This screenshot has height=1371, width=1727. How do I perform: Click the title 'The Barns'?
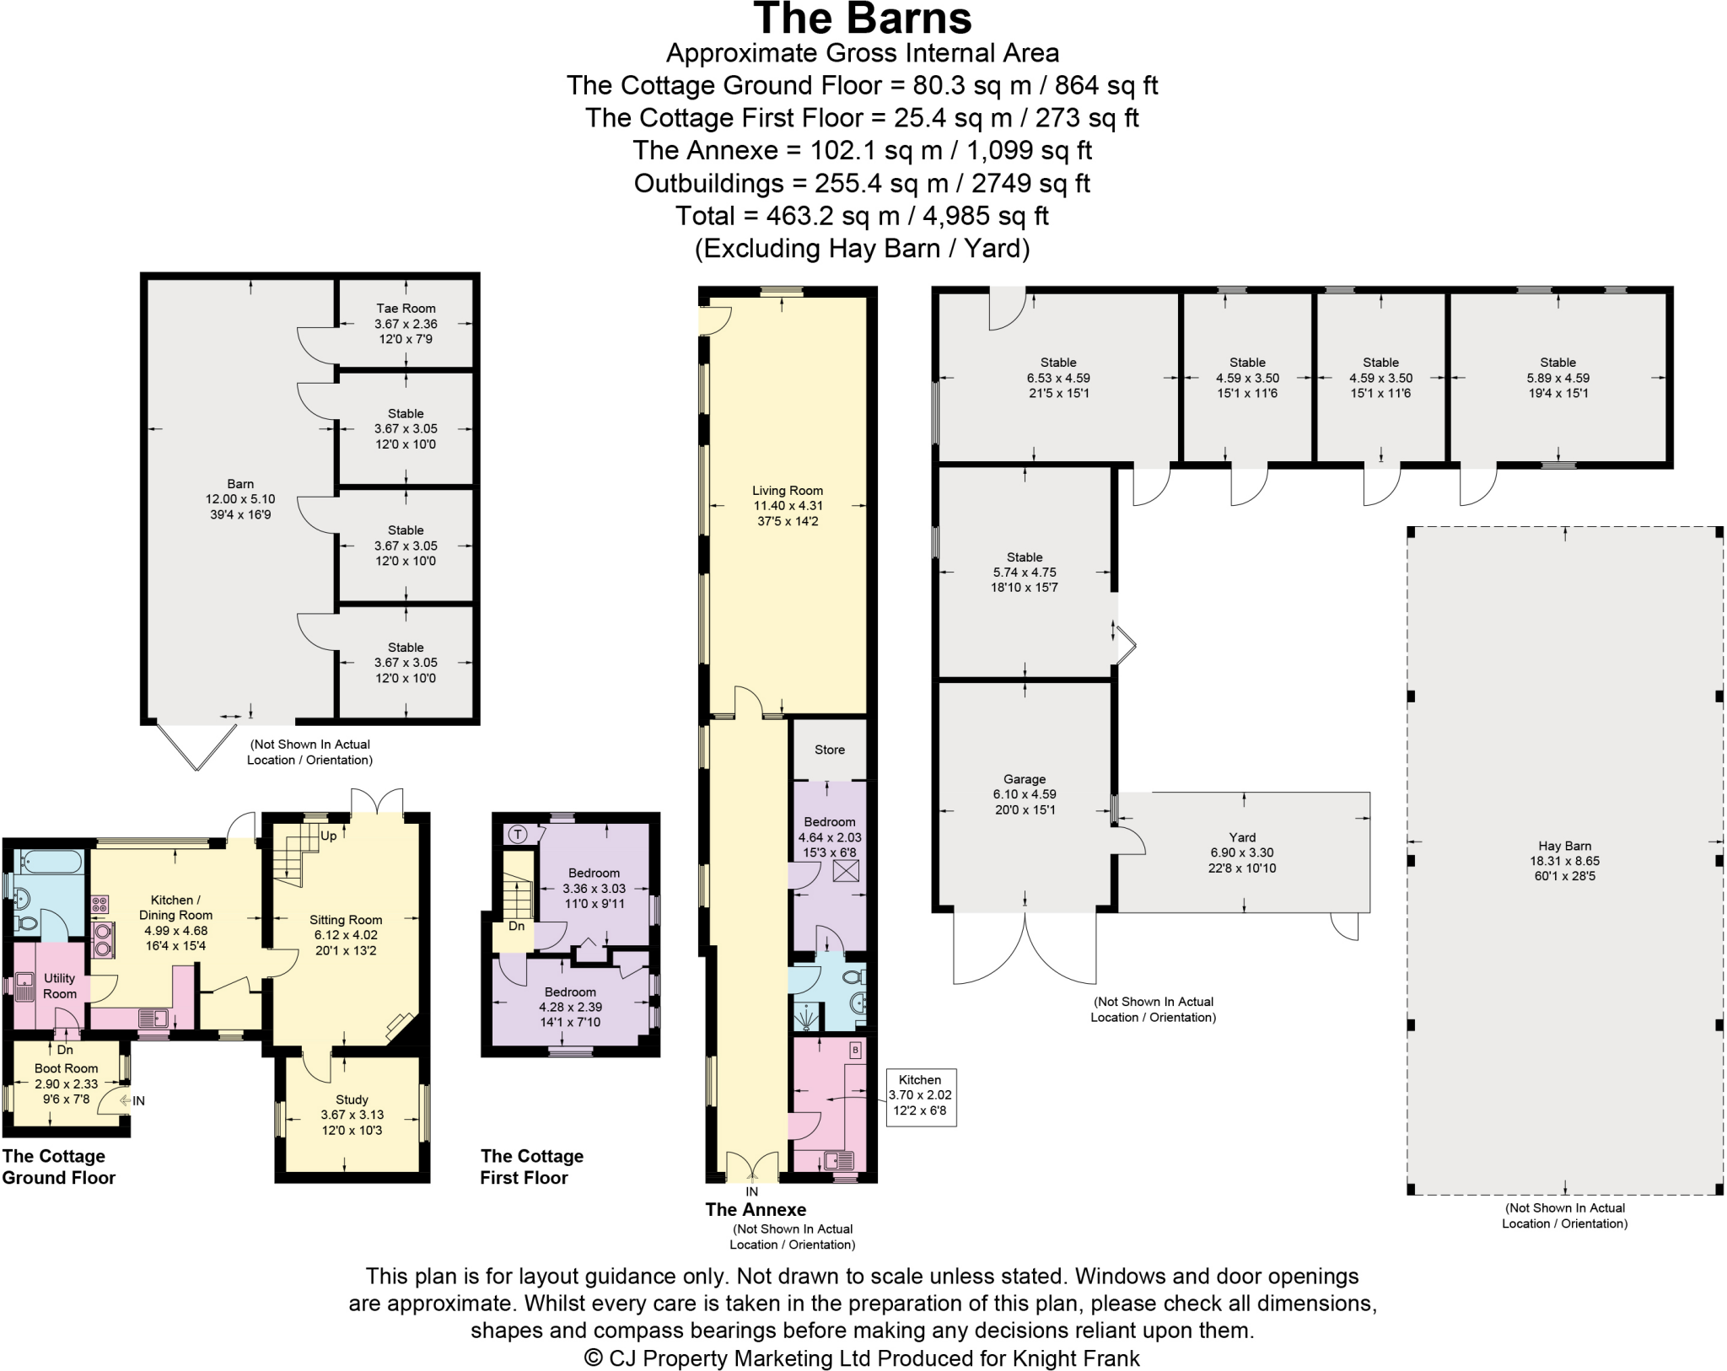click(x=862, y=19)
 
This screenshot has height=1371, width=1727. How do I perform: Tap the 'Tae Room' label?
click(x=406, y=309)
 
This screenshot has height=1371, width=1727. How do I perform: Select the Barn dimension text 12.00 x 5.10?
click(x=240, y=499)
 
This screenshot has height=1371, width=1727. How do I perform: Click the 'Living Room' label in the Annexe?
click(x=788, y=491)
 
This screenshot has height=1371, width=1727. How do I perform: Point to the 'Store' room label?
click(x=829, y=750)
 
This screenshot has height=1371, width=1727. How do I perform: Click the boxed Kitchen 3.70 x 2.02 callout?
click(x=920, y=1095)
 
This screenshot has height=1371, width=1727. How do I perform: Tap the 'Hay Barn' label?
click(x=1564, y=846)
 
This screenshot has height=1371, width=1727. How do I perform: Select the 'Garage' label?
click(x=1025, y=779)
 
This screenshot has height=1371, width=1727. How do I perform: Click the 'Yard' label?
click(x=1242, y=837)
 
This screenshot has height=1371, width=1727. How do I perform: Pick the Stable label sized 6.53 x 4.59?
click(x=1057, y=363)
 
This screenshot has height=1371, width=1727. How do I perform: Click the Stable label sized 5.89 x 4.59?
click(x=1558, y=363)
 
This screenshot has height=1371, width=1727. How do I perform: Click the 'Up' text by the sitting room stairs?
click(x=328, y=836)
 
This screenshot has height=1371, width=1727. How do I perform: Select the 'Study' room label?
click(x=352, y=1099)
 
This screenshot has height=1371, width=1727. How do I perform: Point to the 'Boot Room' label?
click(x=66, y=1068)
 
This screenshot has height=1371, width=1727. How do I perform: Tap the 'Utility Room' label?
click(x=60, y=986)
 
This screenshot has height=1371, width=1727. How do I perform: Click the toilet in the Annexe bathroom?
click(x=853, y=976)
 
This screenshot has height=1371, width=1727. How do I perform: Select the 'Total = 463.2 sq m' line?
click(x=862, y=216)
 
